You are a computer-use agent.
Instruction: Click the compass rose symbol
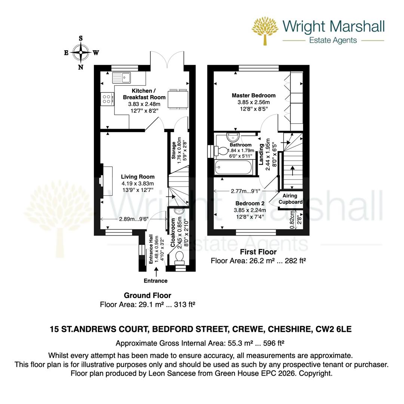coord(80,53)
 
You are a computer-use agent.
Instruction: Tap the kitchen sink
coord(121,77)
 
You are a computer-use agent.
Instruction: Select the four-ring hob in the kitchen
coord(107,99)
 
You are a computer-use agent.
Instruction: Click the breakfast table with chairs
coord(178,100)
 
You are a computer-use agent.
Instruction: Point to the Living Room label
coord(138,177)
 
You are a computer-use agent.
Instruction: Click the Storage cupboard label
coord(174,150)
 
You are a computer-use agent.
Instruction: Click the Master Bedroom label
coord(253,95)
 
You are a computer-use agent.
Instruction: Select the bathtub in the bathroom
coord(233,167)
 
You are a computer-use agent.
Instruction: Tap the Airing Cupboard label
coord(290,199)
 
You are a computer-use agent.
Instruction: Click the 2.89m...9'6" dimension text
coord(134,219)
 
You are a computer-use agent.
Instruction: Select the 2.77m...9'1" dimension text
coord(246,191)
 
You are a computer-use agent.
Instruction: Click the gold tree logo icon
coord(266,30)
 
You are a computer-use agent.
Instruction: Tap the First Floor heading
coord(258,252)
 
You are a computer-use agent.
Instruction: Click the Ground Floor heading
coord(147,296)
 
